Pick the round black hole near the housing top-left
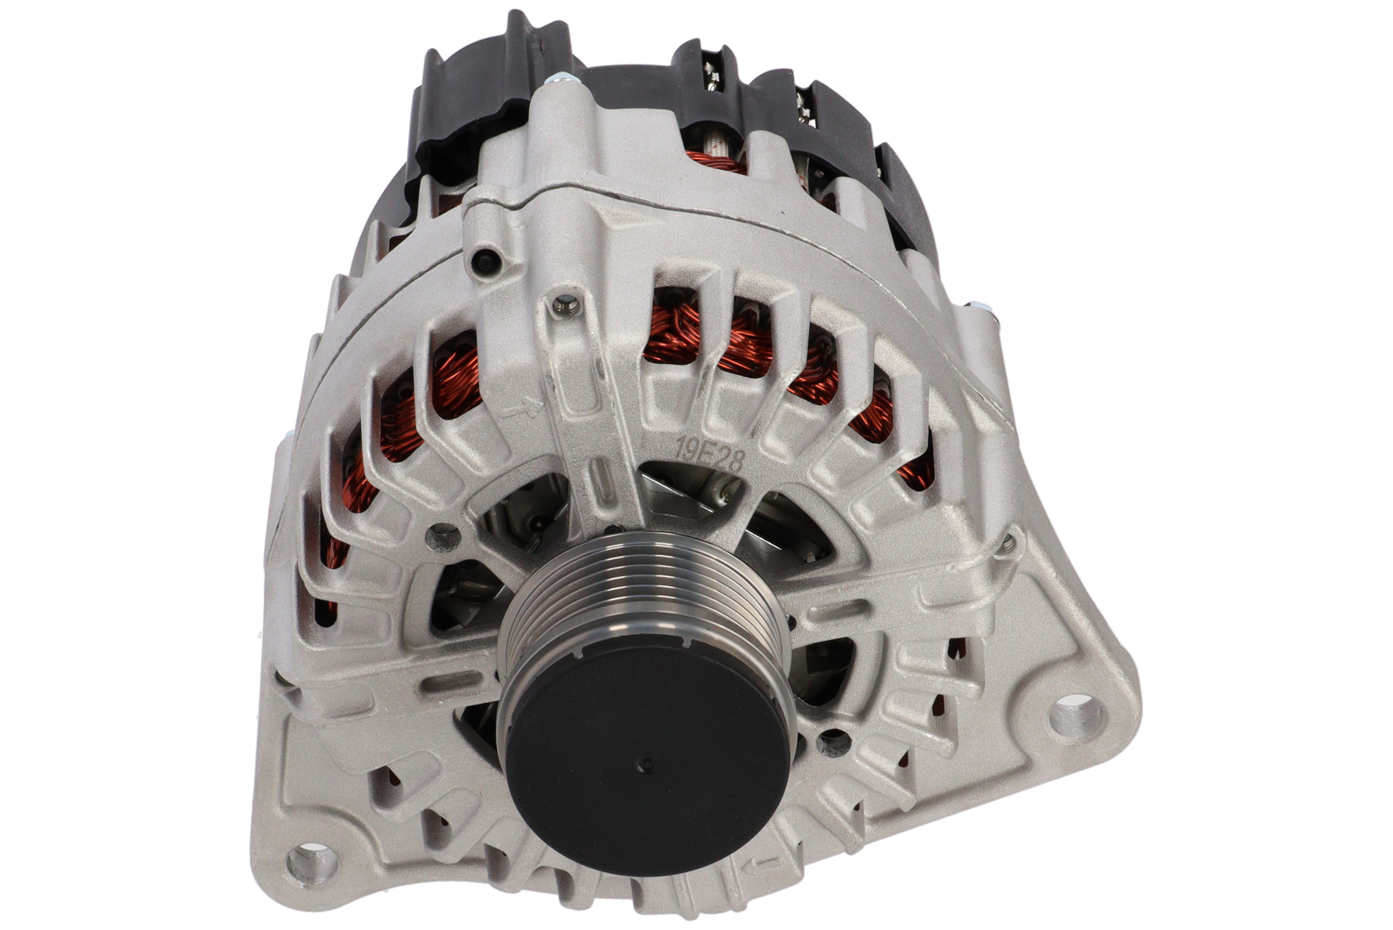[485, 262]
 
